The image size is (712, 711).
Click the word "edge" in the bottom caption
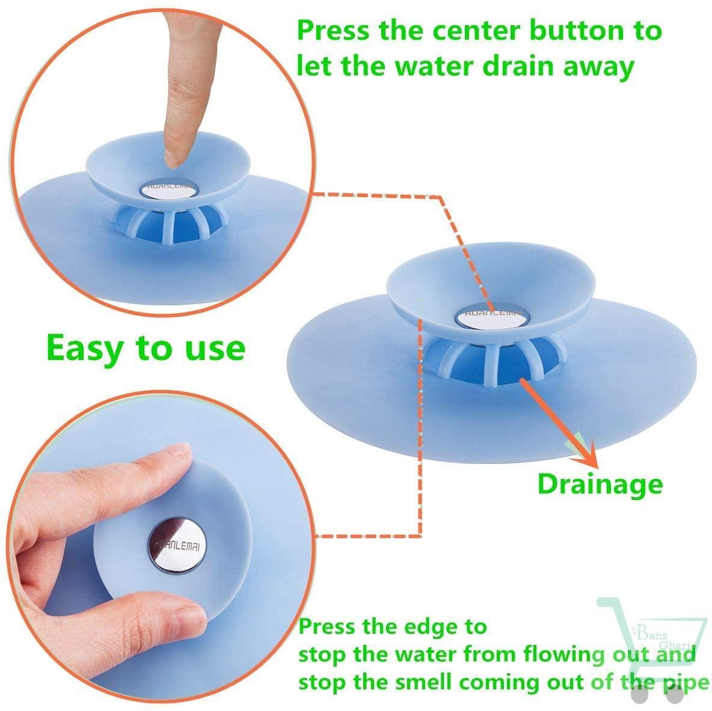[x=431, y=628]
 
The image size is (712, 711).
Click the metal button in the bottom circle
[x=177, y=545]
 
